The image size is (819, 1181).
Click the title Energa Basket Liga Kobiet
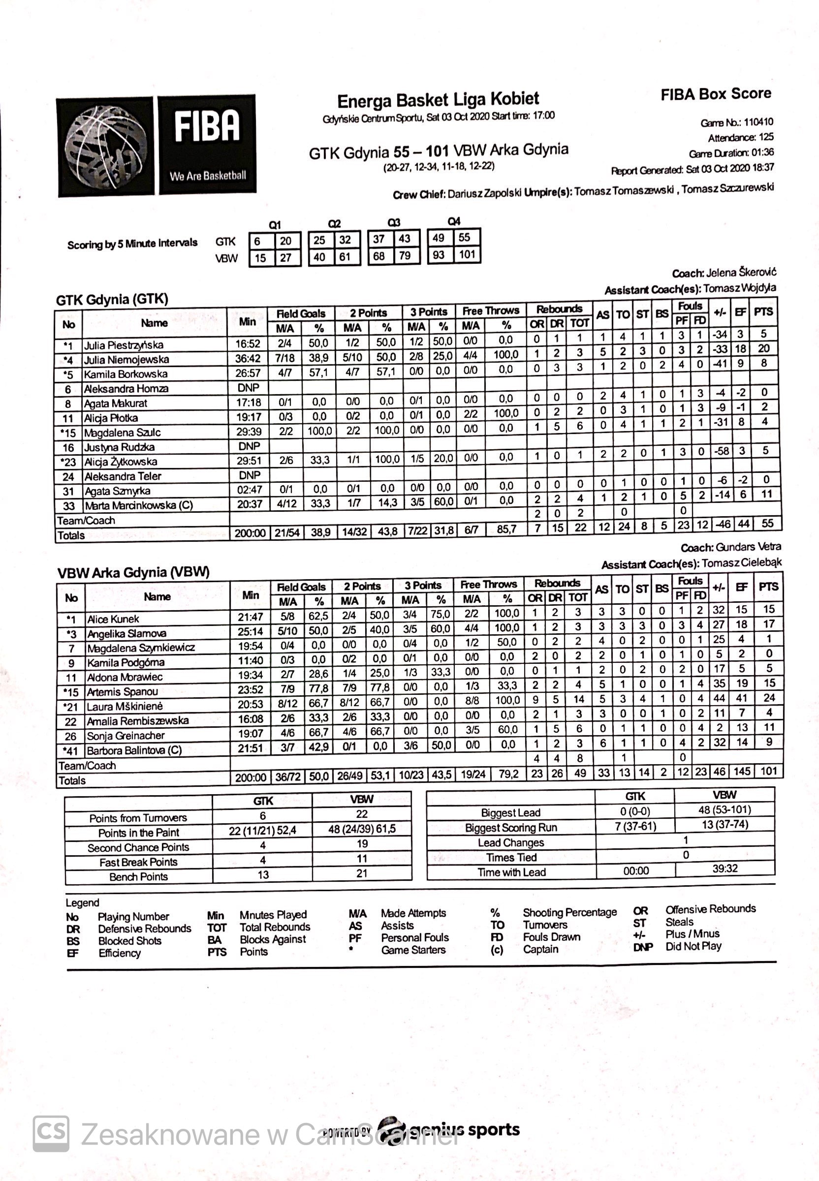438,99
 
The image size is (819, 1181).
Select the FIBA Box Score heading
715,94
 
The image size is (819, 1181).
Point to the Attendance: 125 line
740,137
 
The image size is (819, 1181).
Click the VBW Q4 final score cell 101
467,254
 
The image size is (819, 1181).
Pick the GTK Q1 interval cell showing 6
257,241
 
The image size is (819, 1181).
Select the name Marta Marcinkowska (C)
139,505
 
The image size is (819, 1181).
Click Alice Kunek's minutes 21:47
250,617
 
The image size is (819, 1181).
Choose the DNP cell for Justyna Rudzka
249,446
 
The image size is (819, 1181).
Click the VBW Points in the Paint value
362,829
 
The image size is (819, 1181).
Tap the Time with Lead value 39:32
724,869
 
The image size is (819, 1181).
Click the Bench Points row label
139,877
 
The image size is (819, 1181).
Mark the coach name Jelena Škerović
741,273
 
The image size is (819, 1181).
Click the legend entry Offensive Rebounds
710,909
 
